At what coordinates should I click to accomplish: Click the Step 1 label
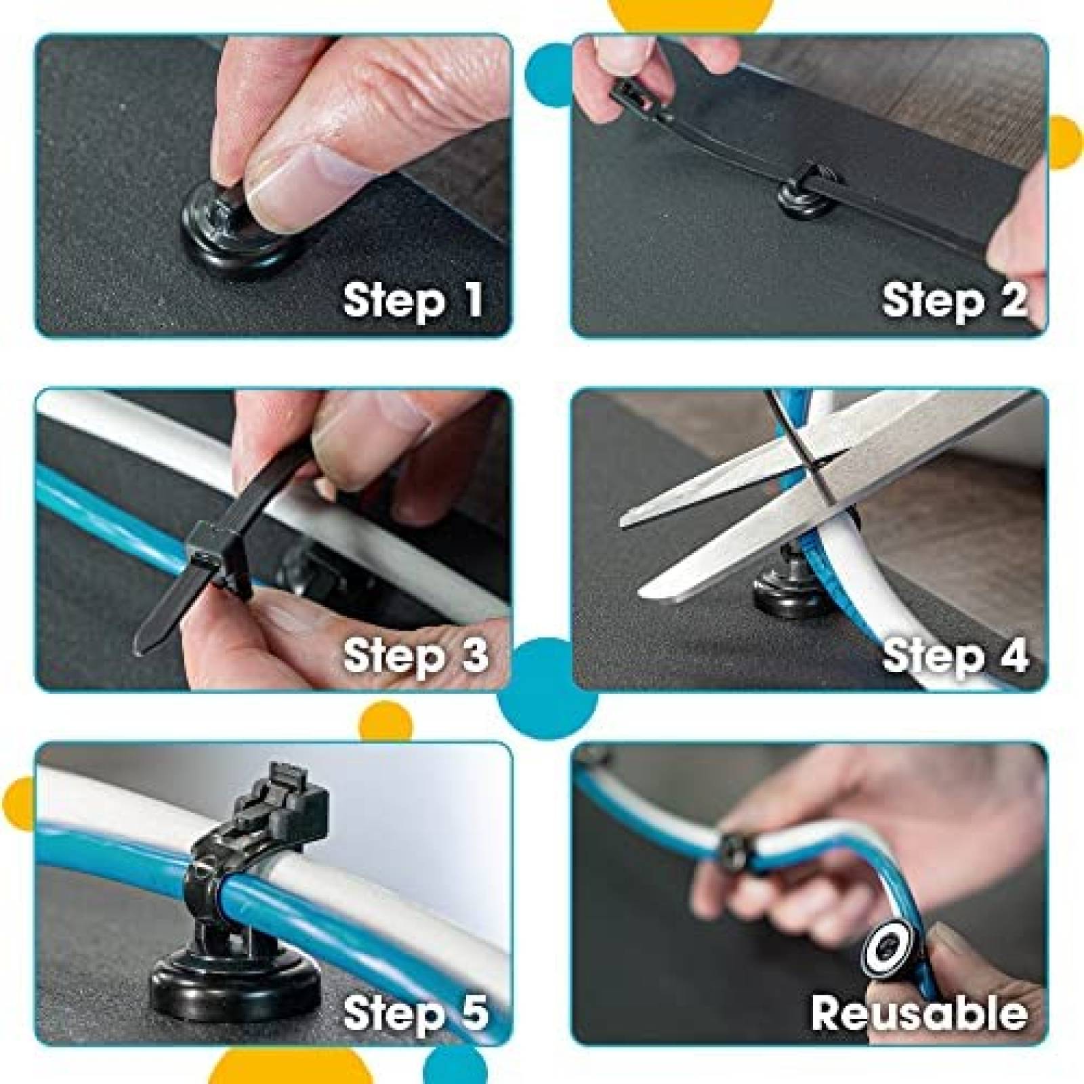tap(413, 299)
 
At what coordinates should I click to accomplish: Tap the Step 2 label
tap(954, 299)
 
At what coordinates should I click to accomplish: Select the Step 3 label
tap(415, 654)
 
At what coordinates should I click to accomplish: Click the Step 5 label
tap(415, 1012)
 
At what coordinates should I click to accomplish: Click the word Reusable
tap(919, 1012)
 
